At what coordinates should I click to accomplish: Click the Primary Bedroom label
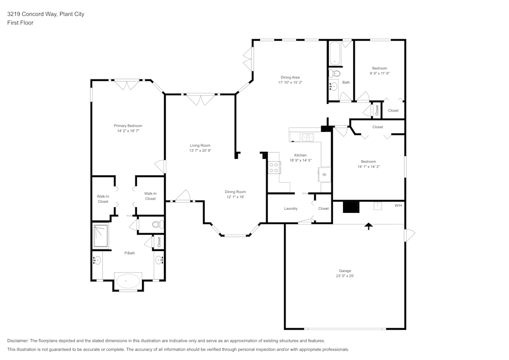click(128, 126)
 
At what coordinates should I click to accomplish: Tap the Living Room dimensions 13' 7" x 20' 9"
click(200, 151)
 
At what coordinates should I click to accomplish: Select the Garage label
click(345, 270)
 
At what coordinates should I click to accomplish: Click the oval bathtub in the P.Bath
click(128, 281)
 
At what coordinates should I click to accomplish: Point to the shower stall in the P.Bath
click(100, 235)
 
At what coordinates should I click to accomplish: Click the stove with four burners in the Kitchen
click(274, 168)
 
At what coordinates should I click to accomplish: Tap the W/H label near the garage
click(398, 206)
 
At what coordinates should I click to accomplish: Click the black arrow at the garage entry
click(367, 226)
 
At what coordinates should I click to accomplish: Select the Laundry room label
click(291, 208)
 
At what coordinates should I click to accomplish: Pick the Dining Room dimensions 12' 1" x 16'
click(235, 197)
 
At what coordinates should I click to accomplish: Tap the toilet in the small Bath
click(335, 74)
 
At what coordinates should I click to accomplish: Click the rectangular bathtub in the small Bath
click(334, 54)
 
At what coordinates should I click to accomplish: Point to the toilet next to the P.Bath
click(156, 224)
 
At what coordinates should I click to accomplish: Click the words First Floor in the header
click(20, 23)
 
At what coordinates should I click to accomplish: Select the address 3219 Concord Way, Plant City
click(45, 14)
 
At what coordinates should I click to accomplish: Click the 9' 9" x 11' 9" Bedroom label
click(379, 68)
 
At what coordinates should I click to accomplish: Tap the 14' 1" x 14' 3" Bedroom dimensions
click(369, 167)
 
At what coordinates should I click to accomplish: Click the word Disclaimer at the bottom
click(18, 341)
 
